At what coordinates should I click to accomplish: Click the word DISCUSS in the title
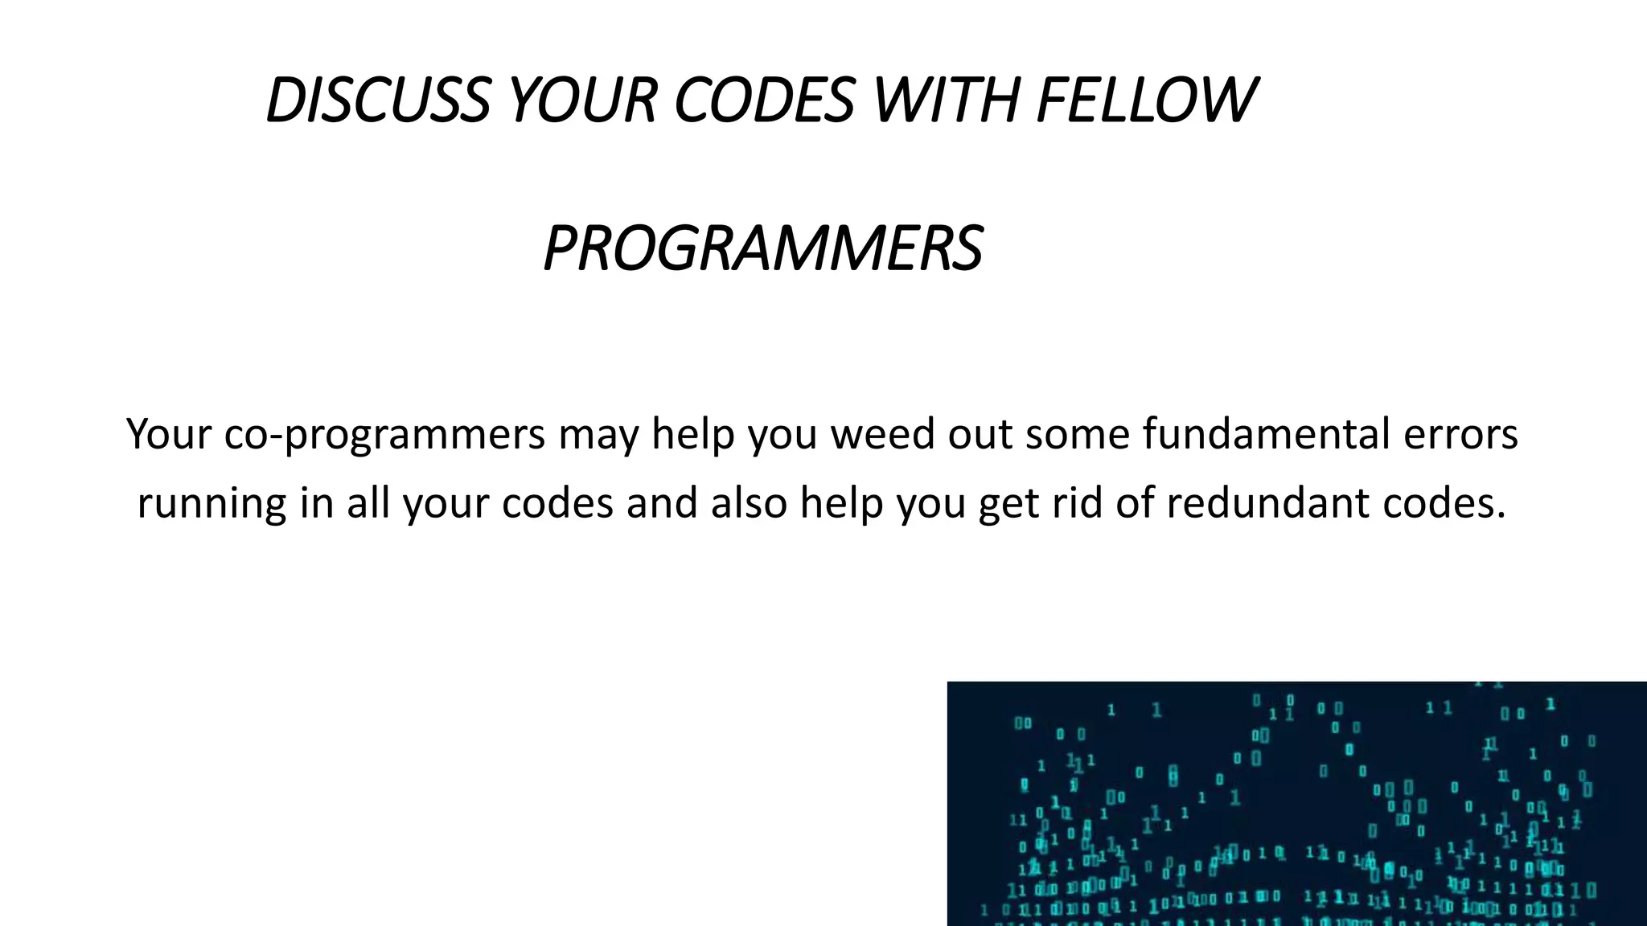click(377, 100)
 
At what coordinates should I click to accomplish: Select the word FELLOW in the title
click(1146, 100)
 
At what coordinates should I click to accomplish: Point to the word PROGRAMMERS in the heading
click(762, 248)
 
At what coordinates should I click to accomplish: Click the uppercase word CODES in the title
click(764, 100)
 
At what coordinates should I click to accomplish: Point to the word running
click(212, 505)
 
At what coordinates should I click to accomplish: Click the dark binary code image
click(1296, 804)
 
